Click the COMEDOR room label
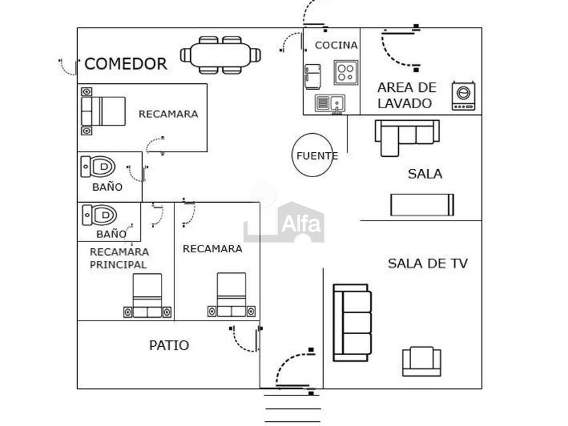(x=126, y=64)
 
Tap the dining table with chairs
(x=220, y=54)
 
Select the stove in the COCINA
(x=346, y=72)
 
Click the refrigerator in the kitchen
(x=312, y=76)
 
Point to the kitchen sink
(x=330, y=103)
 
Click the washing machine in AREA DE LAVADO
(x=464, y=96)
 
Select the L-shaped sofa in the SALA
(x=406, y=135)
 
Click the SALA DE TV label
(x=428, y=264)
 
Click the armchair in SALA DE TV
(x=421, y=361)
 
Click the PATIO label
(x=169, y=346)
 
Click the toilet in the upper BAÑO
(x=99, y=165)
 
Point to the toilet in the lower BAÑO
(x=99, y=216)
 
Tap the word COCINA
(x=336, y=45)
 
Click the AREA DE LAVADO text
(x=407, y=95)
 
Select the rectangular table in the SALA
(x=422, y=204)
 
